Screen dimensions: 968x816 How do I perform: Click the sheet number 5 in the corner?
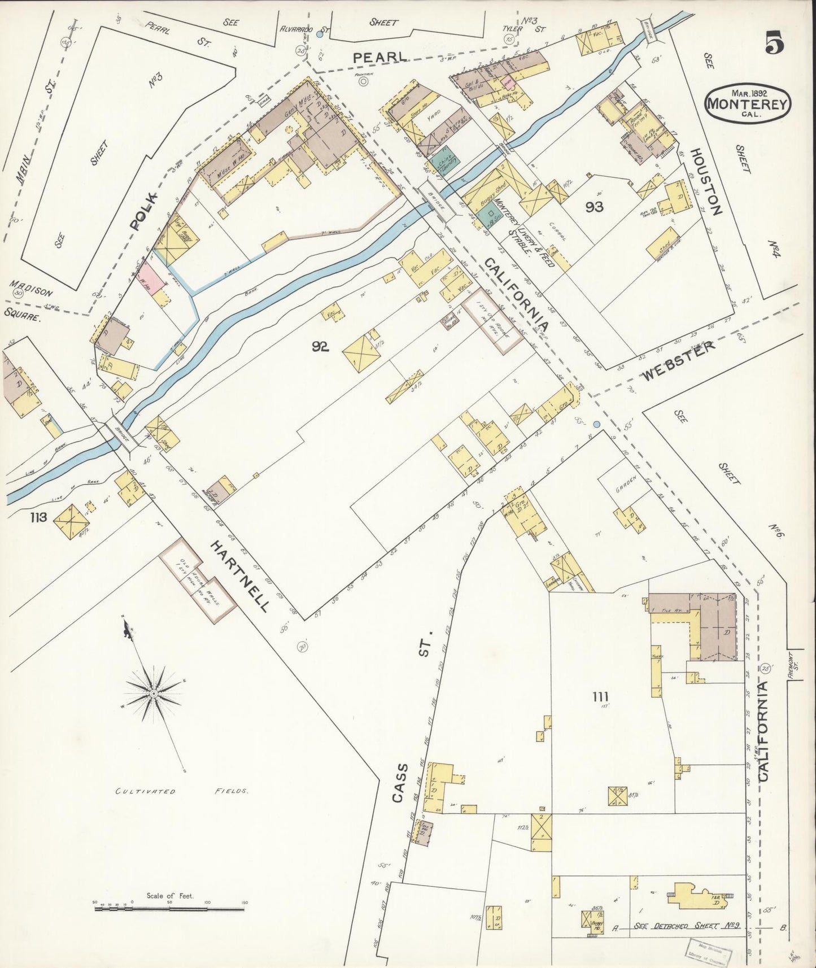(774, 43)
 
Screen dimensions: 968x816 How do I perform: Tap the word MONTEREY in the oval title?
(748, 104)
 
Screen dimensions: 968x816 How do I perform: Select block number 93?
(595, 207)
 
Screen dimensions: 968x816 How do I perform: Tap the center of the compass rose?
(153, 692)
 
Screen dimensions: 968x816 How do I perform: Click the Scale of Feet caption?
(169, 896)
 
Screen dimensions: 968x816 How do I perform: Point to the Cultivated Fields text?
(180, 791)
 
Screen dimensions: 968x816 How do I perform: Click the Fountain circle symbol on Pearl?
(364, 81)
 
